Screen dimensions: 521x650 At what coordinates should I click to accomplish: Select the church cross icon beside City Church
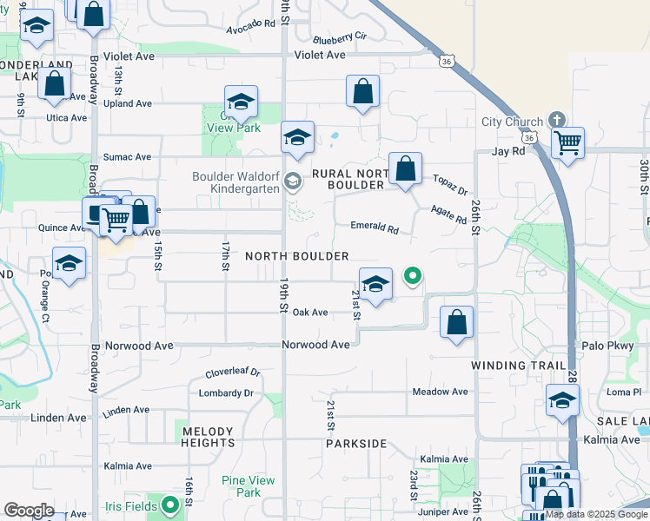click(x=556, y=121)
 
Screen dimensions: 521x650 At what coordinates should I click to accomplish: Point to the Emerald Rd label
click(x=374, y=228)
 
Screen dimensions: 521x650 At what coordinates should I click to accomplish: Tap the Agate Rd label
click(x=448, y=214)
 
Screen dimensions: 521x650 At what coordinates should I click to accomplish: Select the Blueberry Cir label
click(x=340, y=38)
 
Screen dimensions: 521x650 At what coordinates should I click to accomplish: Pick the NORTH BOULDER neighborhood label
click(x=297, y=256)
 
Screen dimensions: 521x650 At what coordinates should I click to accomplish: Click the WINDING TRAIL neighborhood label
click(x=518, y=366)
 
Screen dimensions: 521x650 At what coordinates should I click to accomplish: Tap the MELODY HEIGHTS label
click(x=208, y=437)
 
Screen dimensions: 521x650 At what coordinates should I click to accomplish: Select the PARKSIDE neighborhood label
click(x=356, y=444)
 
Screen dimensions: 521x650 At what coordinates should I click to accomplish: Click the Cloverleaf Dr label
click(x=232, y=373)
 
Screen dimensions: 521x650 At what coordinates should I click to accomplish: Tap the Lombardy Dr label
click(x=225, y=392)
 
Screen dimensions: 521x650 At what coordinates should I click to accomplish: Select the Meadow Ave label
click(x=440, y=392)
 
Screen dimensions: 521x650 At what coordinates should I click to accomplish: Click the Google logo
click(x=29, y=511)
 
